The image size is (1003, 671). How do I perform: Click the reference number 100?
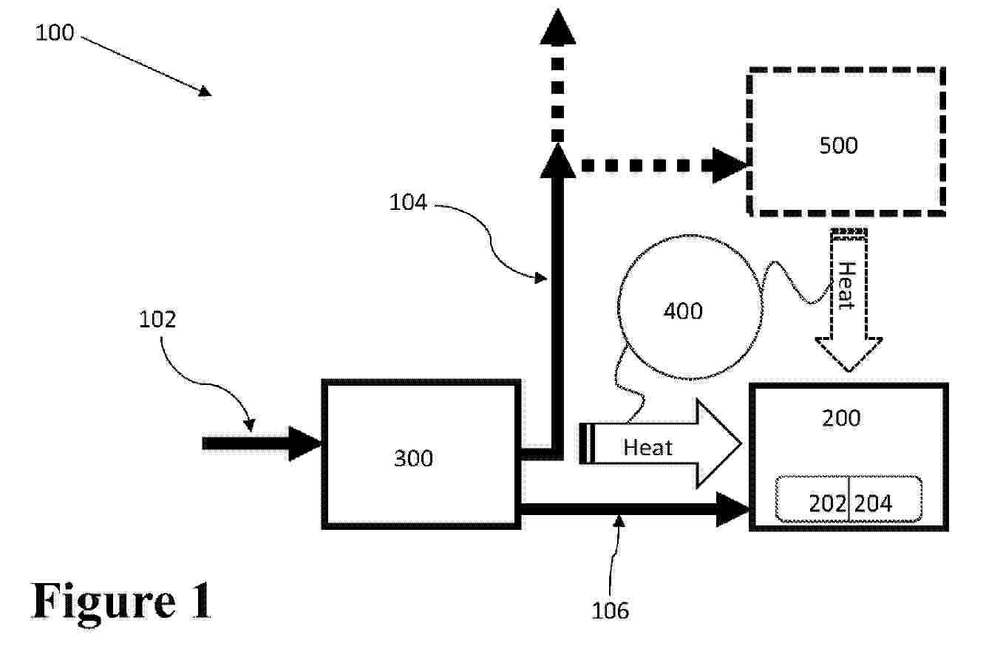tap(55, 33)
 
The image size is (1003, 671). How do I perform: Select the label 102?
tap(158, 319)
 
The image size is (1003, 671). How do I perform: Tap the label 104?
tap(408, 202)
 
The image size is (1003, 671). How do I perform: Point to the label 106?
tap(611, 610)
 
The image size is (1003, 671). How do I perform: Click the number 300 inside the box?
tap(413, 459)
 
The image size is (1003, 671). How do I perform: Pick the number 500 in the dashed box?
tap(838, 145)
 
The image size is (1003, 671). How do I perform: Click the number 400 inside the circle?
tap(682, 311)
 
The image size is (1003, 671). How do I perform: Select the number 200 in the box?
tap(841, 418)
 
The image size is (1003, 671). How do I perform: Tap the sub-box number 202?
tap(827, 503)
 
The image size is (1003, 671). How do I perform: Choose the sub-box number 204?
tap(873, 503)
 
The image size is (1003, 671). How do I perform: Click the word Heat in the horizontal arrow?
tap(647, 448)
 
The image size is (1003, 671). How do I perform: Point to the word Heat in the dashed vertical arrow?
tap(847, 286)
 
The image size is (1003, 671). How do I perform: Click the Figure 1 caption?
tap(122, 600)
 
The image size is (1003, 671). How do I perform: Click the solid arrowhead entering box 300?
tap(305, 443)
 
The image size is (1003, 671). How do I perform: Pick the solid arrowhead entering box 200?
tap(733, 510)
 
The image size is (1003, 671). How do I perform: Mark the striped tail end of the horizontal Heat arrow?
tap(587, 443)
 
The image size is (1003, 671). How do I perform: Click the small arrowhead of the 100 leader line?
tap(204, 91)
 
